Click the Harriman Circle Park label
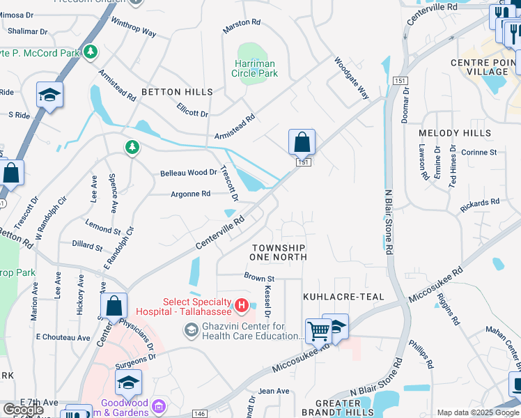pyautogui.click(x=254, y=68)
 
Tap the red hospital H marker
pyautogui.click(x=241, y=305)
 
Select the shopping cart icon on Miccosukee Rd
pyautogui.click(x=318, y=332)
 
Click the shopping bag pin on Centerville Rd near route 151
pyautogui.click(x=302, y=143)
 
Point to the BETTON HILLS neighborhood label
pyautogui.click(x=177, y=92)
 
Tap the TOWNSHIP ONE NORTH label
pyautogui.click(x=279, y=252)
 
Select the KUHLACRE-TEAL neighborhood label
pyautogui.click(x=343, y=297)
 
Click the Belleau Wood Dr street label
pyautogui.click(x=185, y=173)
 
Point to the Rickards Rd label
pyautogui.click(x=480, y=206)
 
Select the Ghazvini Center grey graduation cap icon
pyautogui.click(x=190, y=331)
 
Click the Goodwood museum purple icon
pyautogui.click(x=160, y=405)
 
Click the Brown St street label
pyautogui.click(x=259, y=278)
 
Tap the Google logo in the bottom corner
pyautogui.click(x=23, y=410)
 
